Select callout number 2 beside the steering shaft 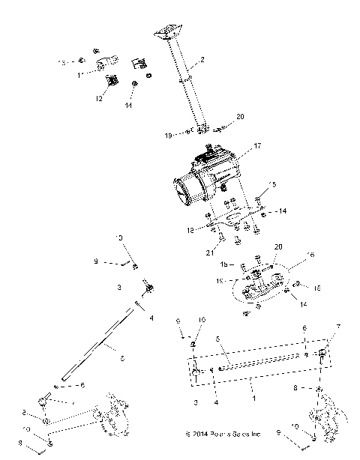click(202, 60)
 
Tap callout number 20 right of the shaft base click(240, 117)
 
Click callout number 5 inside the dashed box click(218, 339)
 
